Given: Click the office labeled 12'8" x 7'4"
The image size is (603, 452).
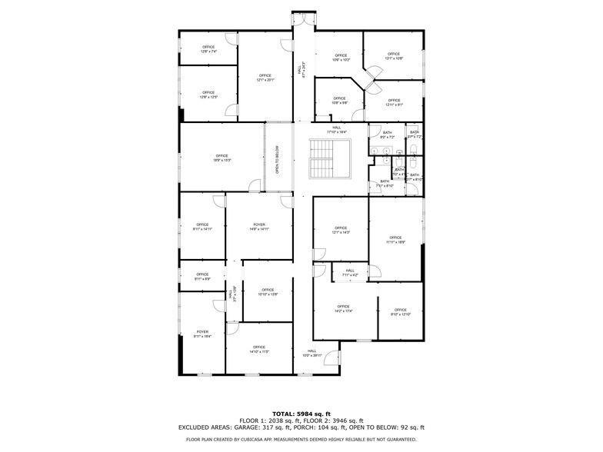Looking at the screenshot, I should (x=208, y=49).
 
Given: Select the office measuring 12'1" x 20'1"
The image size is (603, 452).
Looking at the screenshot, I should (x=265, y=77).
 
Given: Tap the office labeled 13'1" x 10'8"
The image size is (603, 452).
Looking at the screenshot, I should (x=394, y=55).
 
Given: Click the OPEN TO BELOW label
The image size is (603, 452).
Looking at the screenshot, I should (x=278, y=160).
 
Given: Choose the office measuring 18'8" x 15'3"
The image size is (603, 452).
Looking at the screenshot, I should (x=222, y=158).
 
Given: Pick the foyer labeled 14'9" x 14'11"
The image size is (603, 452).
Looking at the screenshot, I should (x=258, y=227).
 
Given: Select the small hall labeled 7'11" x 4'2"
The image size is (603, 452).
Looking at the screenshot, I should (x=350, y=272).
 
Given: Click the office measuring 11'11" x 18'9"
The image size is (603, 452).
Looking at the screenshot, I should (x=395, y=240).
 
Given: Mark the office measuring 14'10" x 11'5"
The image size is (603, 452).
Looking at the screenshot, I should (x=259, y=349).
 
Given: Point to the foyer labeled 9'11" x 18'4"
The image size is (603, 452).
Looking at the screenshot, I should (x=202, y=334).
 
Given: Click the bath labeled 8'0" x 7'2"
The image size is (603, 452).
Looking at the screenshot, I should (x=387, y=135).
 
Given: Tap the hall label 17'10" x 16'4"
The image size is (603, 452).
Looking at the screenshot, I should (x=337, y=130).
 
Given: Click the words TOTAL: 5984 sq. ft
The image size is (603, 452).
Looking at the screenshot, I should (x=301, y=414).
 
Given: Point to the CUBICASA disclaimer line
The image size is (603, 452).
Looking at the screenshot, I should (x=301, y=439).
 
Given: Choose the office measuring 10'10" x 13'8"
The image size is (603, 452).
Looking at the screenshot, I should (x=268, y=291).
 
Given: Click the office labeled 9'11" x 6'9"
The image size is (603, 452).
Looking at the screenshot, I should (x=202, y=276).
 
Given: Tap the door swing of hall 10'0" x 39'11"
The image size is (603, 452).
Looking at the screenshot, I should (x=331, y=357).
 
